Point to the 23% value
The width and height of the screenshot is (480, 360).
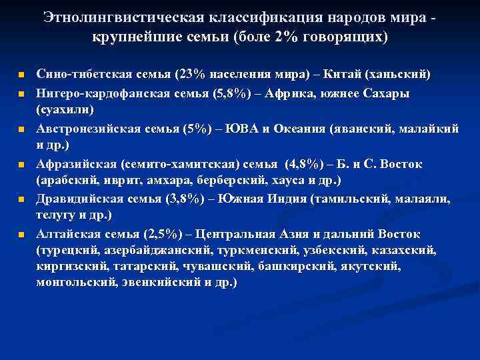[x=187, y=73]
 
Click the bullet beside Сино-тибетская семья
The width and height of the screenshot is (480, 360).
[x=22, y=74]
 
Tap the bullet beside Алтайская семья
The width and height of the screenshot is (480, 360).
[x=22, y=235]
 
